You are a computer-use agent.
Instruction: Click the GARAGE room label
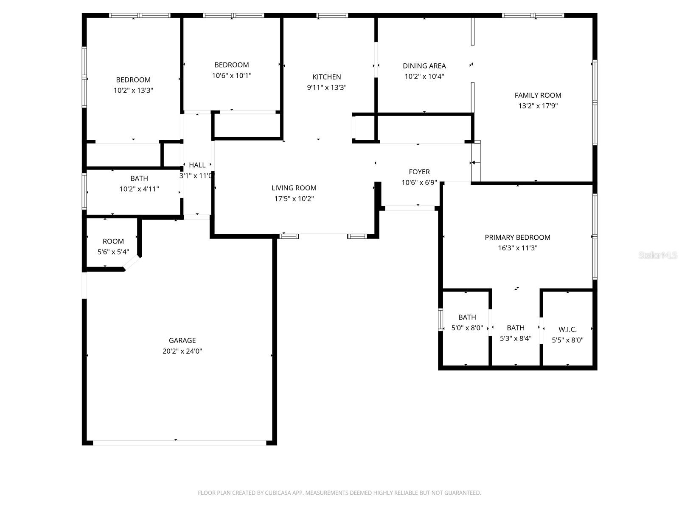click(182, 340)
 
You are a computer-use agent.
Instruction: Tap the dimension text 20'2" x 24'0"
click(182, 351)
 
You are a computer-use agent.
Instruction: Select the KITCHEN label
click(326, 77)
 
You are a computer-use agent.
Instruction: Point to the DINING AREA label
click(424, 66)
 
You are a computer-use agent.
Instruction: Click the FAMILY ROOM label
click(538, 96)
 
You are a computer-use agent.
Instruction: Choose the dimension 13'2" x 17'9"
click(538, 106)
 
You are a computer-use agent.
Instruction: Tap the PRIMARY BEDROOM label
click(517, 238)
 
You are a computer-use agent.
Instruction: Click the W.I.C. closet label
click(567, 329)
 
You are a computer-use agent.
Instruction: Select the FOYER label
click(419, 172)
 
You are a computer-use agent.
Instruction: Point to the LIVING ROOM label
click(294, 188)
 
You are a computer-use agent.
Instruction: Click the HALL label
click(197, 165)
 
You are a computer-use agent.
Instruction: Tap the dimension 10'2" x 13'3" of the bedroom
click(133, 91)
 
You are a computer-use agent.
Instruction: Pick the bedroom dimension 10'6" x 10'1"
click(231, 76)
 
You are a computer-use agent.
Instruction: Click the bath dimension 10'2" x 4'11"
click(139, 189)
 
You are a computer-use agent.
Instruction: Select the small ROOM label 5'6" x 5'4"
click(113, 241)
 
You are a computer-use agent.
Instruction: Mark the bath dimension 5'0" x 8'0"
click(467, 328)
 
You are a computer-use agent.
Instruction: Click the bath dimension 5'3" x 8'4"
click(515, 339)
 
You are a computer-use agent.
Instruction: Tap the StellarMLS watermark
click(658, 255)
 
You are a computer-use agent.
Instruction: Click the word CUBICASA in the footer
click(278, 493)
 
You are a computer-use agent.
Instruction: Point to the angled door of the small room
click(132, 263)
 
